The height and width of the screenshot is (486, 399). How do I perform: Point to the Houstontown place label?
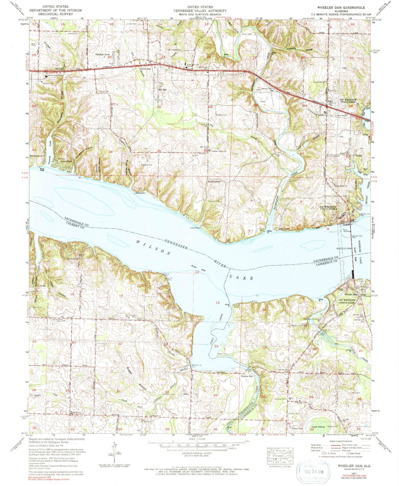[214, 182]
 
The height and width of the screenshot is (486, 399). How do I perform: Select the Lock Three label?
[284, 229]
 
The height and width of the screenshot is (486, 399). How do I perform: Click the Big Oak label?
[162, 90]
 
